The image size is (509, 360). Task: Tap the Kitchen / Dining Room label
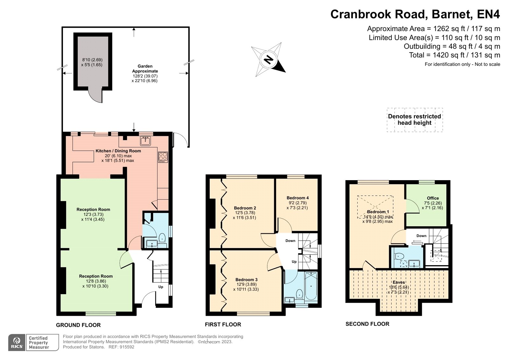coord(118,151)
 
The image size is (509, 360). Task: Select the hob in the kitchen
coord(163,157)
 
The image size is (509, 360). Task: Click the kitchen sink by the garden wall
coord(145,140)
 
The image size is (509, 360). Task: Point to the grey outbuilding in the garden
coord(93,62)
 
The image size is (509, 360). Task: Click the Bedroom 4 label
coord(297,198)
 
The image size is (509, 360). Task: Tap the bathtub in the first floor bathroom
coord(311,286)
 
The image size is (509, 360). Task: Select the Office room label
coord(433,198)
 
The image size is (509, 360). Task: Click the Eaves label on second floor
coord(399,282)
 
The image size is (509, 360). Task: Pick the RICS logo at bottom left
coord(17,342)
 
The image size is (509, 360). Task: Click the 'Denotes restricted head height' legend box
coord(415,120)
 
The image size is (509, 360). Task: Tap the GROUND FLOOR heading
coord(78,325)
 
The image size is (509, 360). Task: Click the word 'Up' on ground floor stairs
coord(161,287)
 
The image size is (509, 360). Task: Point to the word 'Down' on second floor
coord(421,236)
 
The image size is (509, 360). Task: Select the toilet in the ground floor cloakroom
coord(162,237)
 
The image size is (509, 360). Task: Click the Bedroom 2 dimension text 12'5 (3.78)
coord(245,213)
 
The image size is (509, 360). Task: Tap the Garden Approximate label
coord(145,68)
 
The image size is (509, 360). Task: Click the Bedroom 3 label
coord(247,279)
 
